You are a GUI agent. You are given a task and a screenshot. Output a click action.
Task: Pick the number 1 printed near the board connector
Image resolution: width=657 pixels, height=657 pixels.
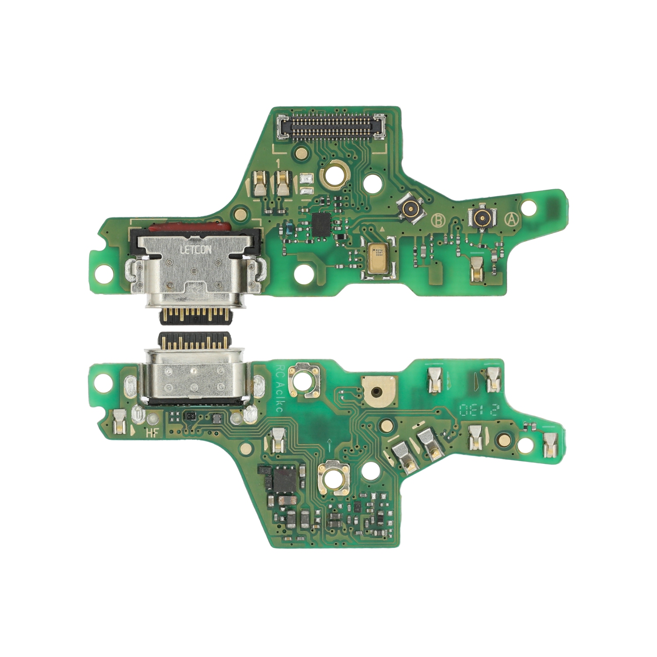(278, 163)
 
